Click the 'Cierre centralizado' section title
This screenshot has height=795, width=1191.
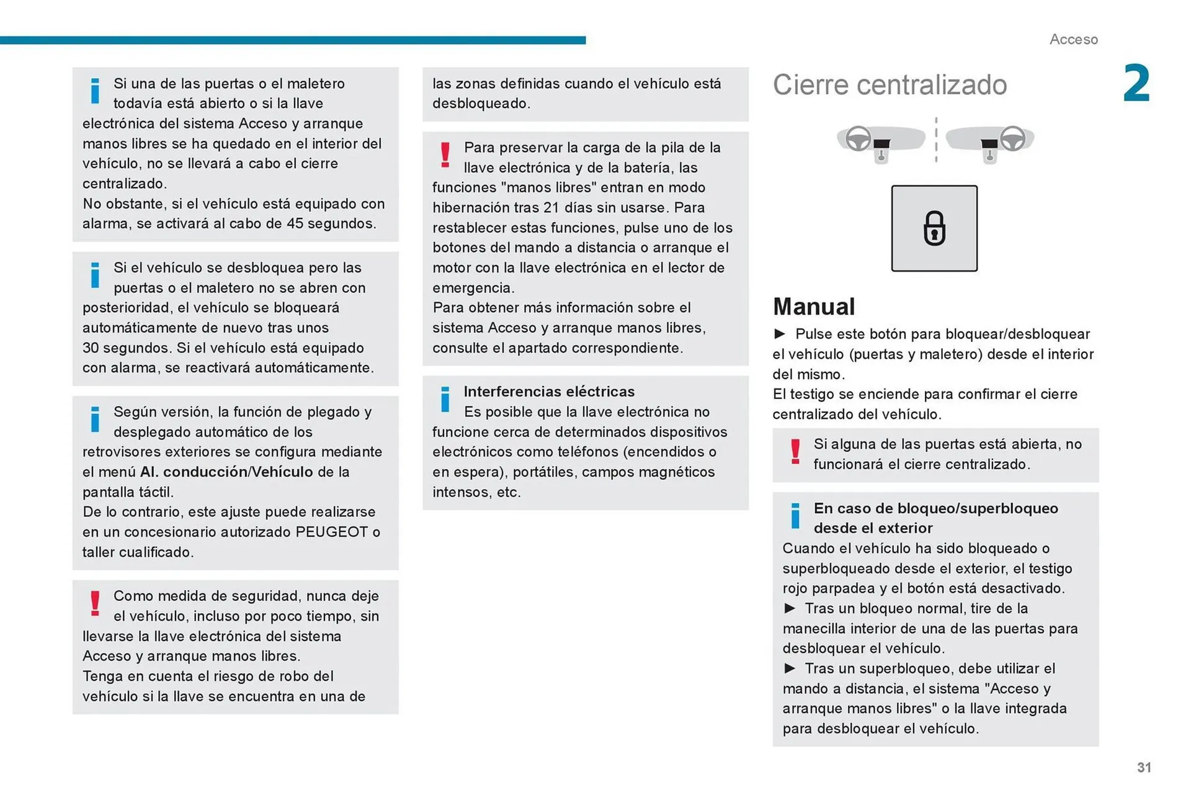coord(890,85)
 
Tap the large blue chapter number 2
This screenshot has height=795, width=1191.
coord(1136,84)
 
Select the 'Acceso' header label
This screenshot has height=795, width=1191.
coord(1073,39)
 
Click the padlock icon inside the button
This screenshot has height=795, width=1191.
coord(934,228)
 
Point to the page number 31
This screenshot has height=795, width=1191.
coord(1144,768)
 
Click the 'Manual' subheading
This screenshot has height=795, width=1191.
coord(814,307)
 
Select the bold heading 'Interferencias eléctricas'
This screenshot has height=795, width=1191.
coord(549,392)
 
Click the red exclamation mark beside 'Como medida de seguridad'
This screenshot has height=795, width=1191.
coord(95,603)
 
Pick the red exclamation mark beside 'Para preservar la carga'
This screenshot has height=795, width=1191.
coord(445,155)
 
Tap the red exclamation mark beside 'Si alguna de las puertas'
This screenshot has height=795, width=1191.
coord(795,452)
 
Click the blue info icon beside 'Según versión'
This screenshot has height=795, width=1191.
coord(95,420)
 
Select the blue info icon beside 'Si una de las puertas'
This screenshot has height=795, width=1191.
coord(95,91)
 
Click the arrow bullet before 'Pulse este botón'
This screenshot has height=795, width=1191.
coord(780,334)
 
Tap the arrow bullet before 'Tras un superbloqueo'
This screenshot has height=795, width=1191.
coord(790,668)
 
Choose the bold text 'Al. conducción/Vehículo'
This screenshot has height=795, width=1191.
coord(226,472)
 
